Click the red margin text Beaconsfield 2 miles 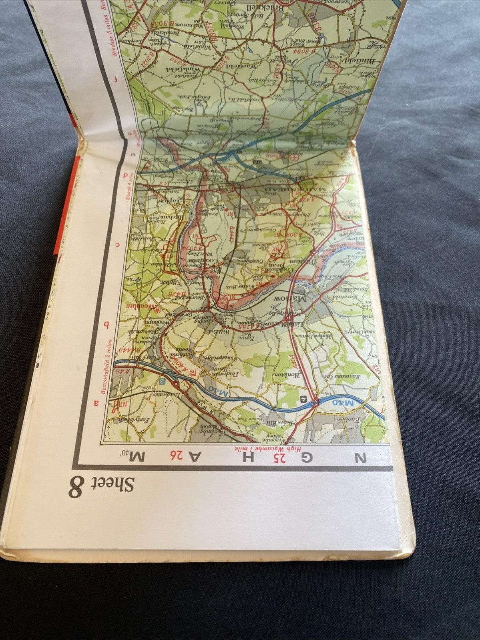[107, 366]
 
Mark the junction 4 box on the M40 [304, 399]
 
